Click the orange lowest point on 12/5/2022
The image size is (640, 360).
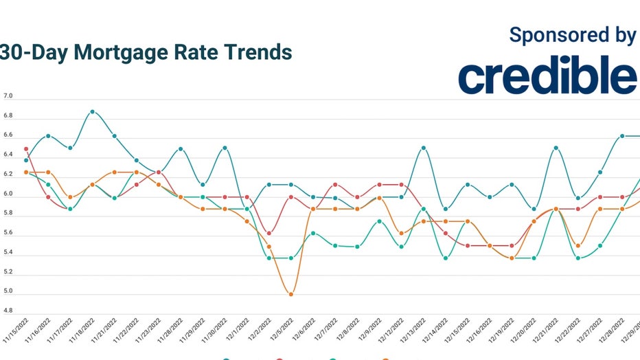291,294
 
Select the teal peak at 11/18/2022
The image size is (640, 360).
92,111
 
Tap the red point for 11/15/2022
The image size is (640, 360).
26,149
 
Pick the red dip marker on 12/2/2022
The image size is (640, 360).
269,233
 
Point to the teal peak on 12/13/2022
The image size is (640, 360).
424,148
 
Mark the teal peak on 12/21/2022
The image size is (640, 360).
556,148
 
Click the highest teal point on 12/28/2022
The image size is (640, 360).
622,136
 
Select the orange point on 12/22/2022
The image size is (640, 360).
578,245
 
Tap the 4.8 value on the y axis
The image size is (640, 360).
8,311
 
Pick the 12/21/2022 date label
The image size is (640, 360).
551,333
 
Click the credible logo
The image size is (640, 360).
547,76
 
